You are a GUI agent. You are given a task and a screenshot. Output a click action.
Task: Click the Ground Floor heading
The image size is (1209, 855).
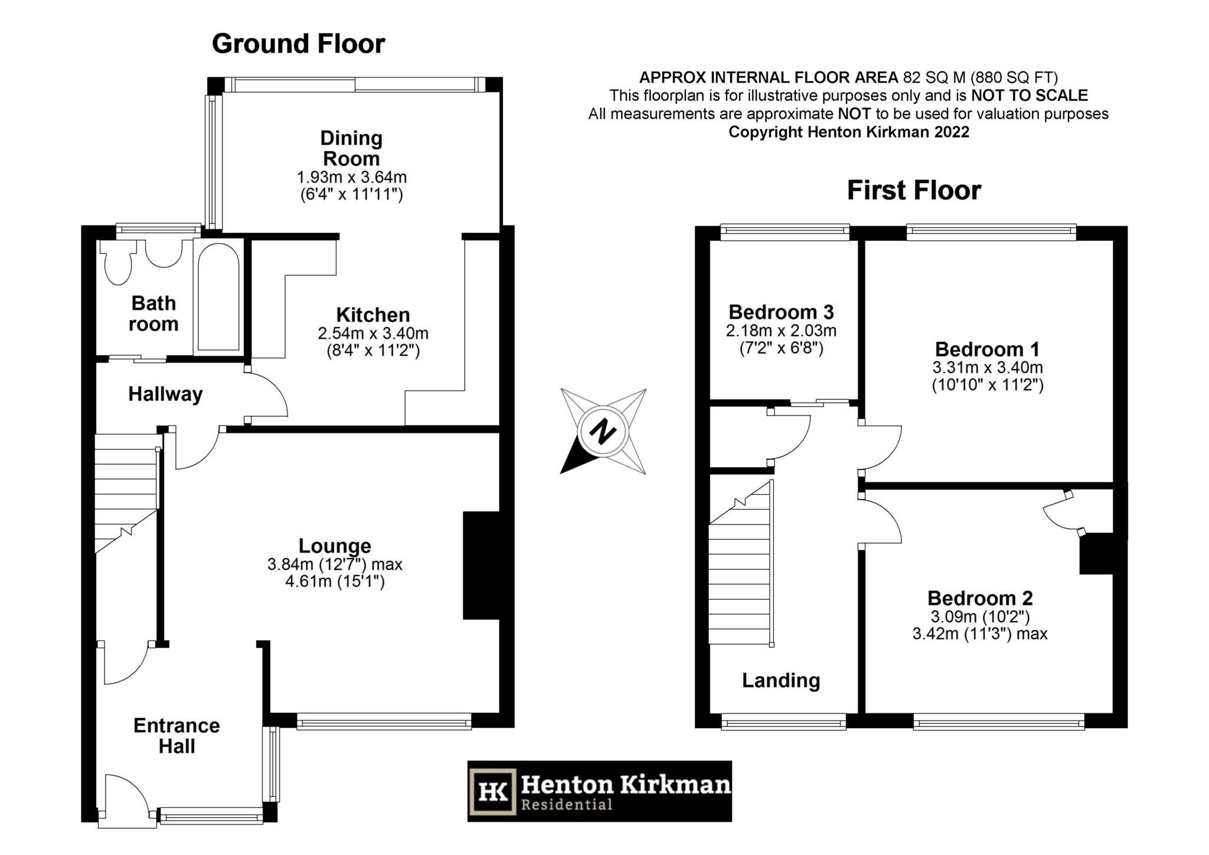tap(298, 44)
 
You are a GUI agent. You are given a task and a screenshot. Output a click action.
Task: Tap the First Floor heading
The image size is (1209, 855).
tap(914, 190)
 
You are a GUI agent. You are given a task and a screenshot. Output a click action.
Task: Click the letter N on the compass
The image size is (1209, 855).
tap(603, 431)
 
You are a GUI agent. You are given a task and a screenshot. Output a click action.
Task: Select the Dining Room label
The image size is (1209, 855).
tap(351, 148)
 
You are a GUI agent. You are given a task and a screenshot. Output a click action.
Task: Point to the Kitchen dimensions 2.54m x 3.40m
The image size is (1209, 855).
tap(373, 333)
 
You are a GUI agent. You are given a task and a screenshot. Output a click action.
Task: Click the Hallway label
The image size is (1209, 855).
tap(165, 394)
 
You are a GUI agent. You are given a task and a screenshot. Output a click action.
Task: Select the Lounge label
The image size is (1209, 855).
tap(335, 546)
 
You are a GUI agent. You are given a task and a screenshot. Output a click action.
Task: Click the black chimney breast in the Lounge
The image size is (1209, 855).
tap(481, 565)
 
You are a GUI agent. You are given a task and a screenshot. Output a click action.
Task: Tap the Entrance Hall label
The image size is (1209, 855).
tap(177, 736)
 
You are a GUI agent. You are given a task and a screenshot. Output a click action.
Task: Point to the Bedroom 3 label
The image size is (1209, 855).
tap(781, 312)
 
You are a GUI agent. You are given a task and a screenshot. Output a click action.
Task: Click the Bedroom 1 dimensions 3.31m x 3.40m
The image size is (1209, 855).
tap(988, 367)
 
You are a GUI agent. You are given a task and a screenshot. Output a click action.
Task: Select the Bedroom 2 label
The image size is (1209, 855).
tap(980, 598)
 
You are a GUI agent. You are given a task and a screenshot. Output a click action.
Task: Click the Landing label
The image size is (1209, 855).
tap(781, 681)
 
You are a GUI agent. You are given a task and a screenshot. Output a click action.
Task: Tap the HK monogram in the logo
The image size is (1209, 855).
tap(493, 791)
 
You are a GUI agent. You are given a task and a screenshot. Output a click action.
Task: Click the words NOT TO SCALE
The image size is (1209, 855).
tap(1030, 96)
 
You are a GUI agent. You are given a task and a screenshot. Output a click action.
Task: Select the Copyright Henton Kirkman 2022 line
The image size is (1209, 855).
tap(849, 132)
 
